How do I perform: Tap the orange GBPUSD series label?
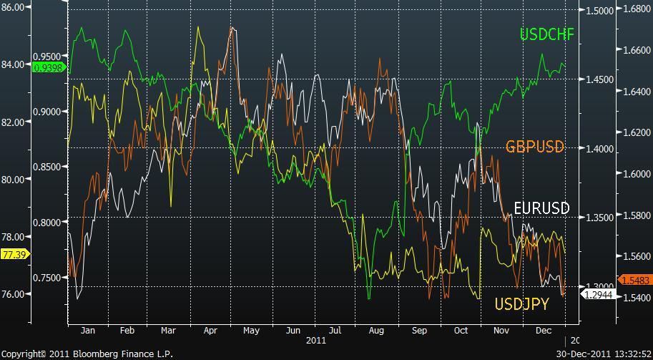click(x=535, y=147)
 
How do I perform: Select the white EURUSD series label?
click(x=542, y=208)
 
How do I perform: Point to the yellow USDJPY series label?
click(x=521, y=305)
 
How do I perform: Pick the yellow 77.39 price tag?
click(x=14, y=254)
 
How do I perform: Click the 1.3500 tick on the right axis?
click(x=599, y=218)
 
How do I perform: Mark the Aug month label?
click(x=378, y=331)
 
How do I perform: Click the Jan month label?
click(x=88, y=331)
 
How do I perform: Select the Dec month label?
click(x=544, y=331)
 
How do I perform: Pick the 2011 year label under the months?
click(x=315, y=341)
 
